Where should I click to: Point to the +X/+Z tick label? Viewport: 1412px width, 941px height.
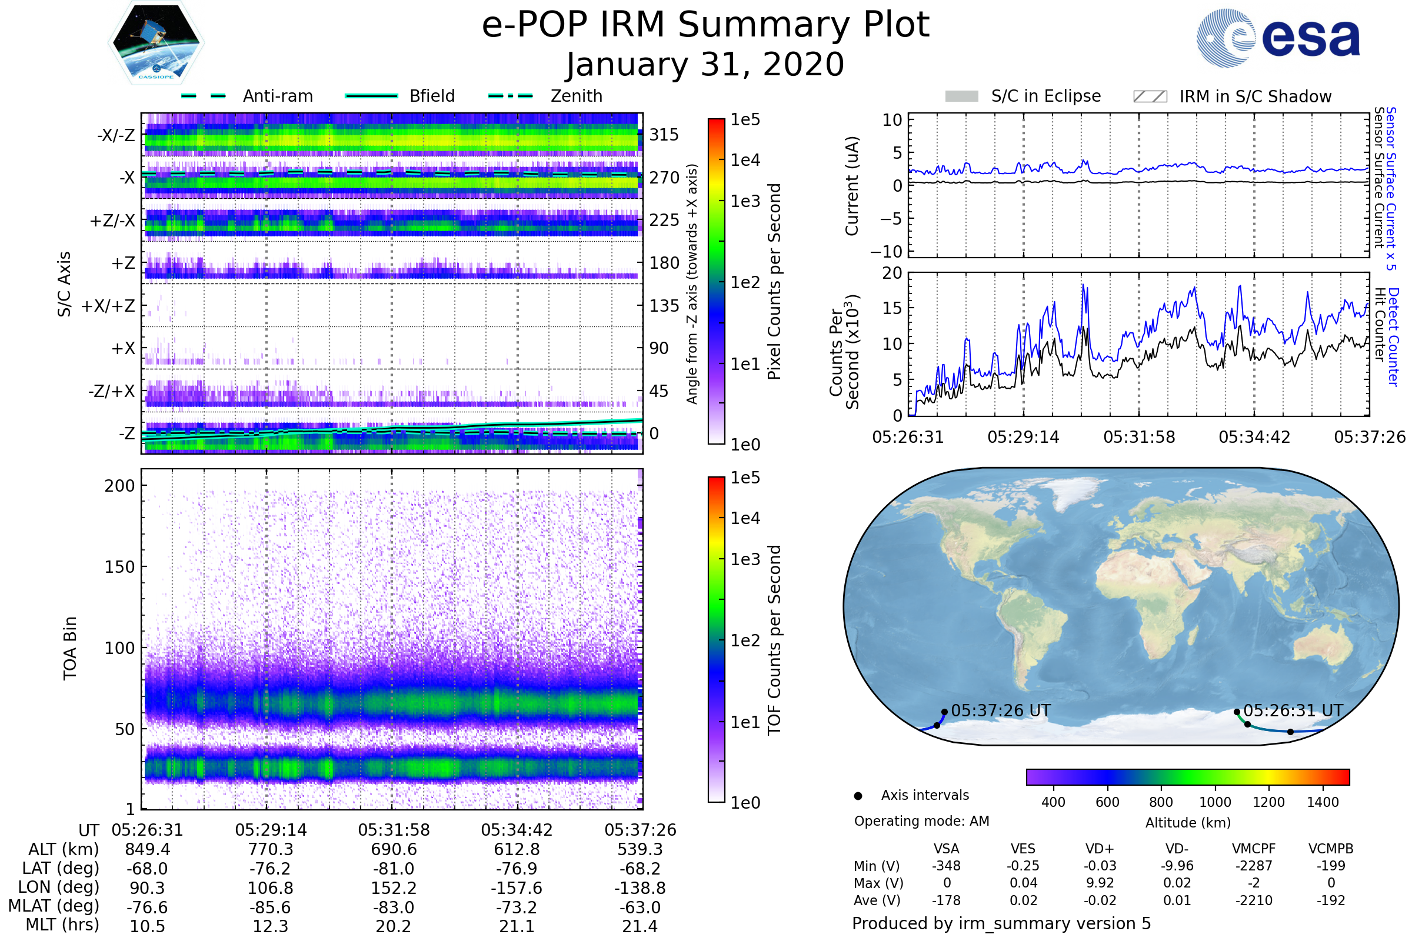[x=108, y=306]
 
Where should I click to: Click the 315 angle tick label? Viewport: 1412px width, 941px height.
[x=664, y=135]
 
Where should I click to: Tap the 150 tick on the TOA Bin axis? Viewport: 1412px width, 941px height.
[x=119, y=567]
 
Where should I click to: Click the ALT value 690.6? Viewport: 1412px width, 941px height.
[x=394, y=850]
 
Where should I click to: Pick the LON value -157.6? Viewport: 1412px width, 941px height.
[x=517, y=888]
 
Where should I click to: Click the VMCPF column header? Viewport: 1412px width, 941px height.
[x=1254, y=849]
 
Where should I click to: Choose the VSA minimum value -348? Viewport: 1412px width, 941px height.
[x=946, y=866]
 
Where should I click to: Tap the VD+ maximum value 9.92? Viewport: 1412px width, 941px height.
[x=1100, y=883]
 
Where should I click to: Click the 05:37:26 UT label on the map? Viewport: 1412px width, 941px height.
[x=1001, y=710]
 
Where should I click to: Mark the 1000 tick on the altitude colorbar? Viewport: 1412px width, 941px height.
[x=1214, y=802]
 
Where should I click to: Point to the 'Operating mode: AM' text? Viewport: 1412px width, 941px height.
[x=921, y=821]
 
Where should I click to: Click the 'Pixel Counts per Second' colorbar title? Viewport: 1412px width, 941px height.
[x=774, y=282]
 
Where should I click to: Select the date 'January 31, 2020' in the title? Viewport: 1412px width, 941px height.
[x=705, y=65]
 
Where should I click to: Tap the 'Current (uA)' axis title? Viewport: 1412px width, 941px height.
[x=852, y=186]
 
